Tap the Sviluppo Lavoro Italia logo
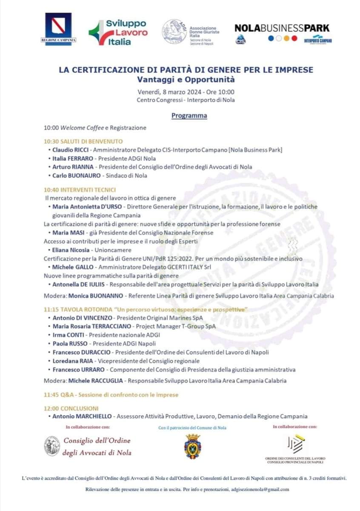point(118,32)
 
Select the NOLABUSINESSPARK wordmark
point(282,28)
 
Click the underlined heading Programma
point(189,115)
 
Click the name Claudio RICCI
point(71,150)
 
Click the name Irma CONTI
point(68,335)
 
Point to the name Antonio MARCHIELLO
point(82,416)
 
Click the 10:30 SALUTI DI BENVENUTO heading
point(83,141)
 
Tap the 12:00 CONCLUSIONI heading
point(71,408)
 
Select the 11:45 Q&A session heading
point(111,395)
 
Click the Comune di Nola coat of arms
point(192,447)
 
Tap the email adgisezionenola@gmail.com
point(260,489)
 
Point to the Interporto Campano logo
point(317,40)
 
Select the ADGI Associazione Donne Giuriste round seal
point(174,31)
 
